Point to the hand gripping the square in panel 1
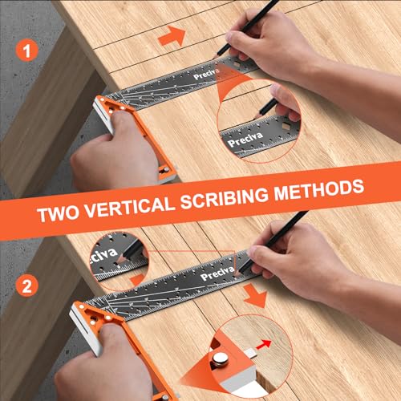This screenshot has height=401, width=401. (120, 160)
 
